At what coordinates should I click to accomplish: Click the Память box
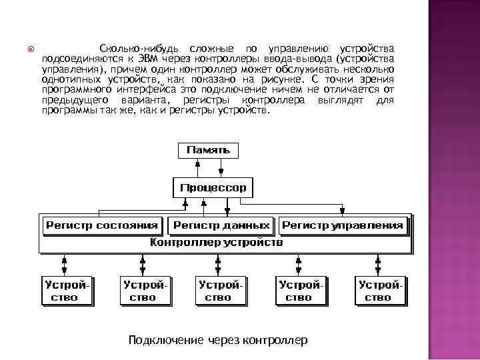(207, 151)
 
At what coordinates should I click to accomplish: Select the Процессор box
(213, 187)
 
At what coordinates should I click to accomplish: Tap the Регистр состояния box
(102, 226)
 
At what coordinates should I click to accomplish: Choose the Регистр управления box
(343, 226)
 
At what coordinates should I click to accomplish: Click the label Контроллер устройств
(217, 243)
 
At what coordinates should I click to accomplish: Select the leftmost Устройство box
(65, 290)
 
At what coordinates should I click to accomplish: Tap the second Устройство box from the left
(143, 290)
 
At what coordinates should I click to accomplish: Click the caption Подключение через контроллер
(218, 340)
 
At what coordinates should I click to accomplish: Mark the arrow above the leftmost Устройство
(65, 263)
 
